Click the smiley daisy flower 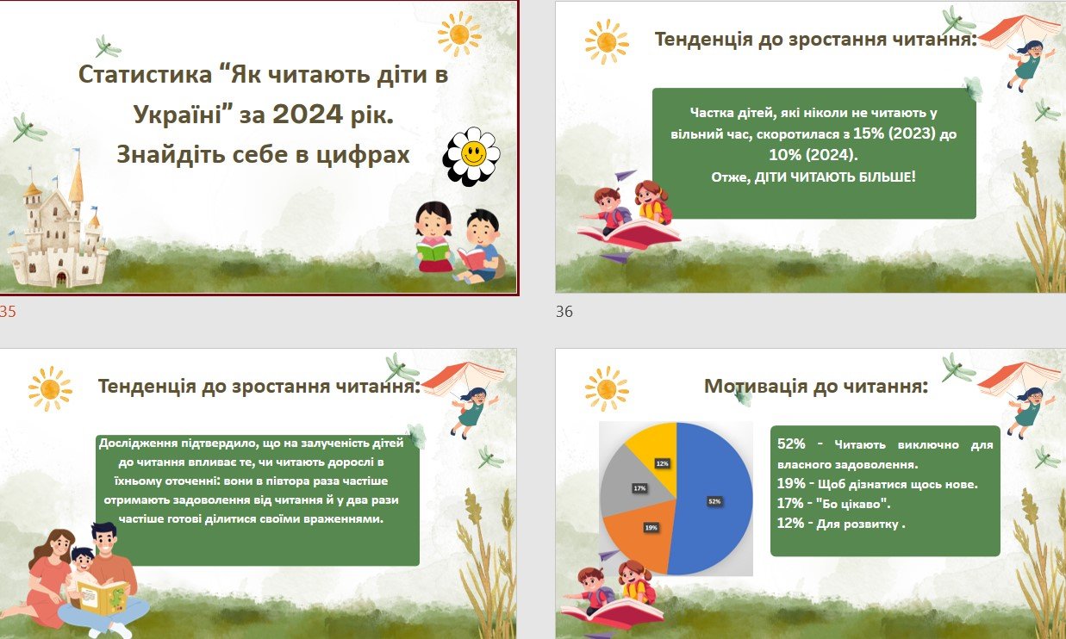[x=471, y=156]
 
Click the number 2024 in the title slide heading [x=308, y=114]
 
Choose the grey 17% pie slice [x=635, y=485]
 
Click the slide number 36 [x=564, y=312]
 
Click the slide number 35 [x=8, y=312]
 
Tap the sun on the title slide [x=459, y=34]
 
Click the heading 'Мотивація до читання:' [x=816, y=386]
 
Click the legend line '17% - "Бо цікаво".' [x=834, y=504]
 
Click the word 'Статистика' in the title [x=145, y=75]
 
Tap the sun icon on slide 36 [x=607, y=42]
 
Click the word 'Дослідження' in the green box [x=139, y=444]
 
